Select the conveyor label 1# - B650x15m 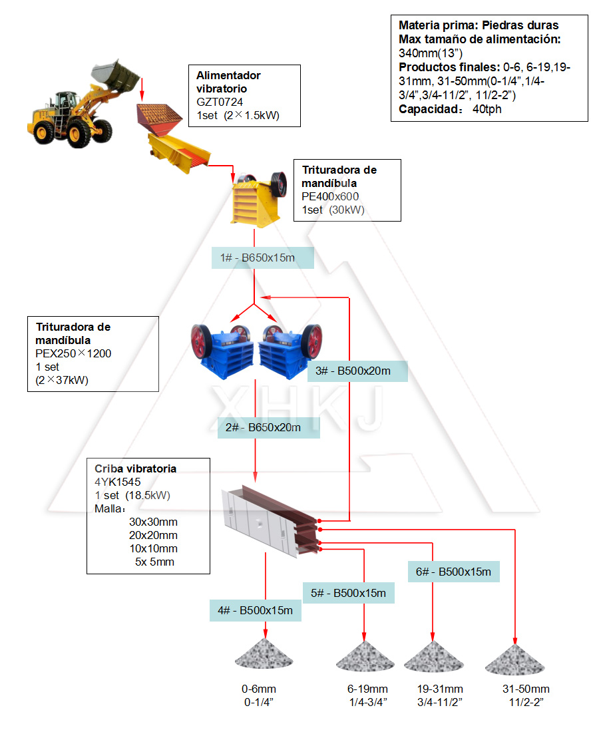click(262, 258)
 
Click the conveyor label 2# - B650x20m click(268, 427)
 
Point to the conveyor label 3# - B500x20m click(357, 371)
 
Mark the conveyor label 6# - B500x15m click(453, 572)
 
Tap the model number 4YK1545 click(118, 482)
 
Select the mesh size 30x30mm click(153, 522)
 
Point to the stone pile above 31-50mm click(512, 659)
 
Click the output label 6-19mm click(367, 689)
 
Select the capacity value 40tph click(487, 109)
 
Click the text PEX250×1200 click(74, 353)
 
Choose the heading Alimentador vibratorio click(228, 82)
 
